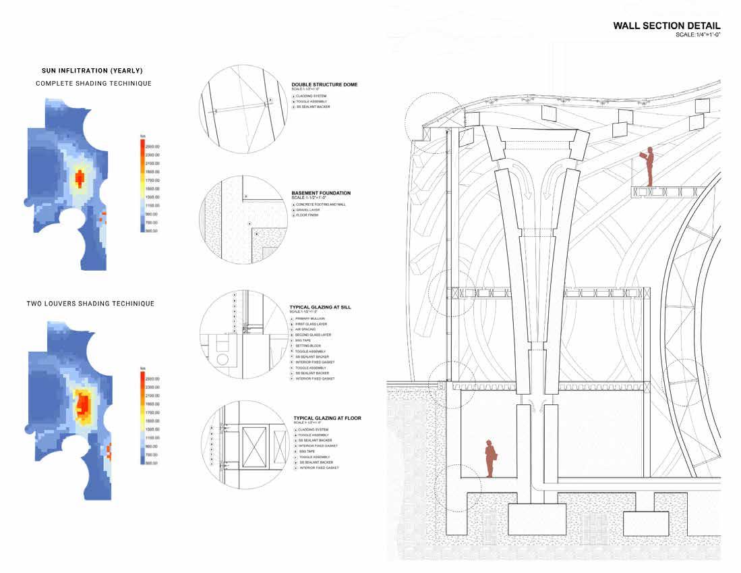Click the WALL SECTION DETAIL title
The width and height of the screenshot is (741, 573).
(666, 26)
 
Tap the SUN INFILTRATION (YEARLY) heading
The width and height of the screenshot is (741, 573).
(92, 70)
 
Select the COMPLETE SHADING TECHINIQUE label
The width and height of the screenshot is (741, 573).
(93, 83)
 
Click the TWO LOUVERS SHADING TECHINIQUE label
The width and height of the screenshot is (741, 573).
(90, 304)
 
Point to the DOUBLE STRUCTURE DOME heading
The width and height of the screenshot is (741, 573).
(324, 85)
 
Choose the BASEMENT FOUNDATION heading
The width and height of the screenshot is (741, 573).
(321, 193)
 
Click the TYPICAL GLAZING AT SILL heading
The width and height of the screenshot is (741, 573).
(320, 307)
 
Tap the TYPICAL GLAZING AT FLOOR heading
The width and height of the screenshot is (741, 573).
(327, 418)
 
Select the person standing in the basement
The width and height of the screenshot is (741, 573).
(490, 458)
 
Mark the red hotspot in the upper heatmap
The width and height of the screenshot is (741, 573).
(80, 178)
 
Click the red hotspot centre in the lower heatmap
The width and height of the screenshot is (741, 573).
(84, 403)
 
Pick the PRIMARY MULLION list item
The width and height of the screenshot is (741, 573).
(309, 319)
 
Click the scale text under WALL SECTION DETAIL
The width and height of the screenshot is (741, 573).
(698, 34)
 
